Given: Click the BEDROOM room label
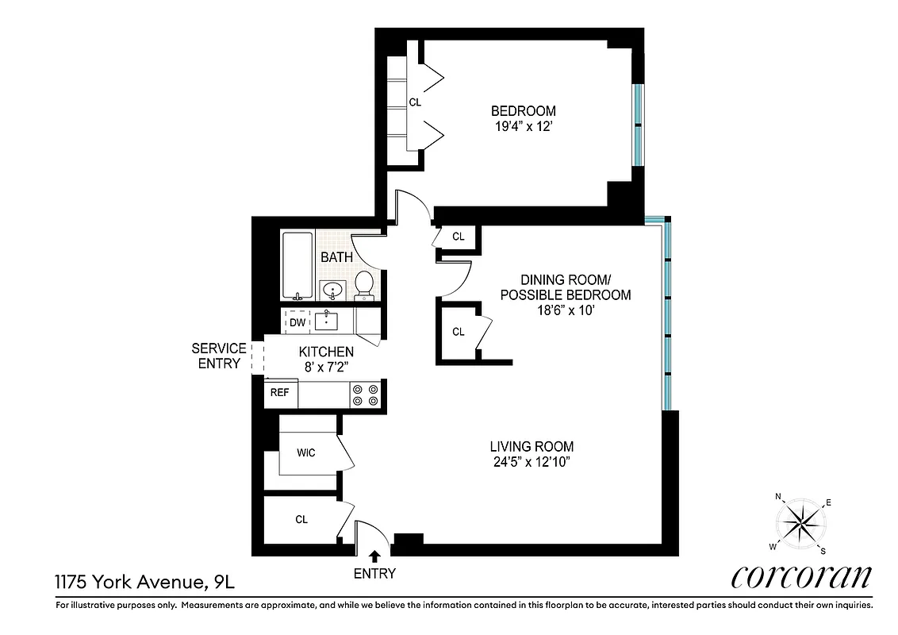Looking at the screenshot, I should pos(523,111).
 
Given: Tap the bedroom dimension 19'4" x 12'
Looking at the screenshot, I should pos(523,125).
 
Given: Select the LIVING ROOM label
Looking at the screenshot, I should pos(531,447).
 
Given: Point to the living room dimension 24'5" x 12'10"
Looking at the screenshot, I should pos(531,461).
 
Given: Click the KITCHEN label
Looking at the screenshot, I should pos(325,352).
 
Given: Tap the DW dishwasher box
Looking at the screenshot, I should pos(297,322).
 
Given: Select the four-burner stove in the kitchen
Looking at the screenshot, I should pos(366,394).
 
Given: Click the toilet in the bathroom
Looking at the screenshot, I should pos(364,284).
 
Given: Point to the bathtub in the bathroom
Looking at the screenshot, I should pos(297,266).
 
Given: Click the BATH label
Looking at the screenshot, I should pos(336,257).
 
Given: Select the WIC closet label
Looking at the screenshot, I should pos(305,452).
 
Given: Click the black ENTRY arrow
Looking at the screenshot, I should pos(374,558).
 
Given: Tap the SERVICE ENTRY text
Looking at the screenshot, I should pos(219,356).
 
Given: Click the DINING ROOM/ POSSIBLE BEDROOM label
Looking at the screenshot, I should pos(565,287).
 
